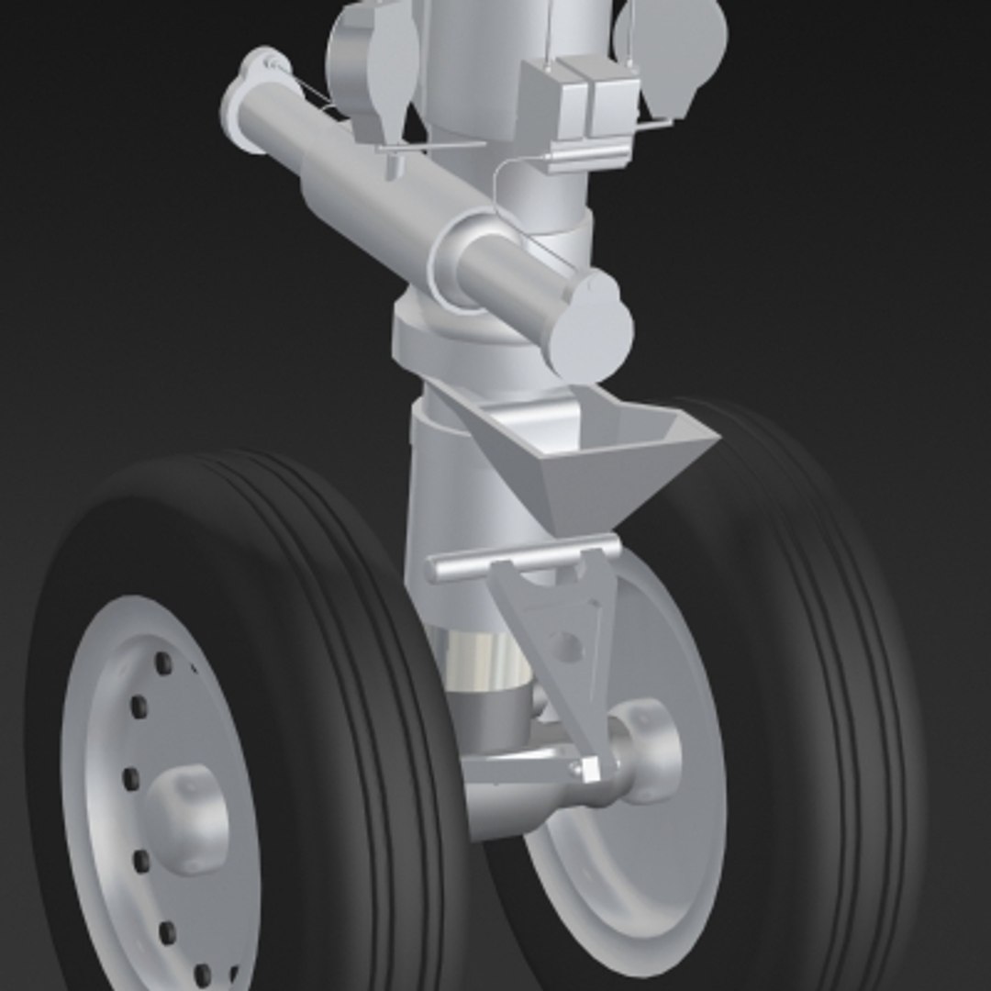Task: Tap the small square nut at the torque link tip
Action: click(589, 770)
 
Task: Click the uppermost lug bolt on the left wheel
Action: click(163, 663)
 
